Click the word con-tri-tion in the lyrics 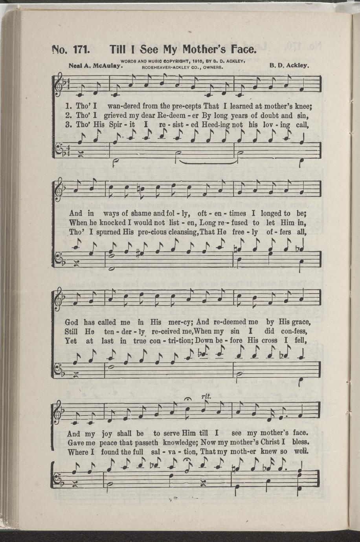point(170,341)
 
